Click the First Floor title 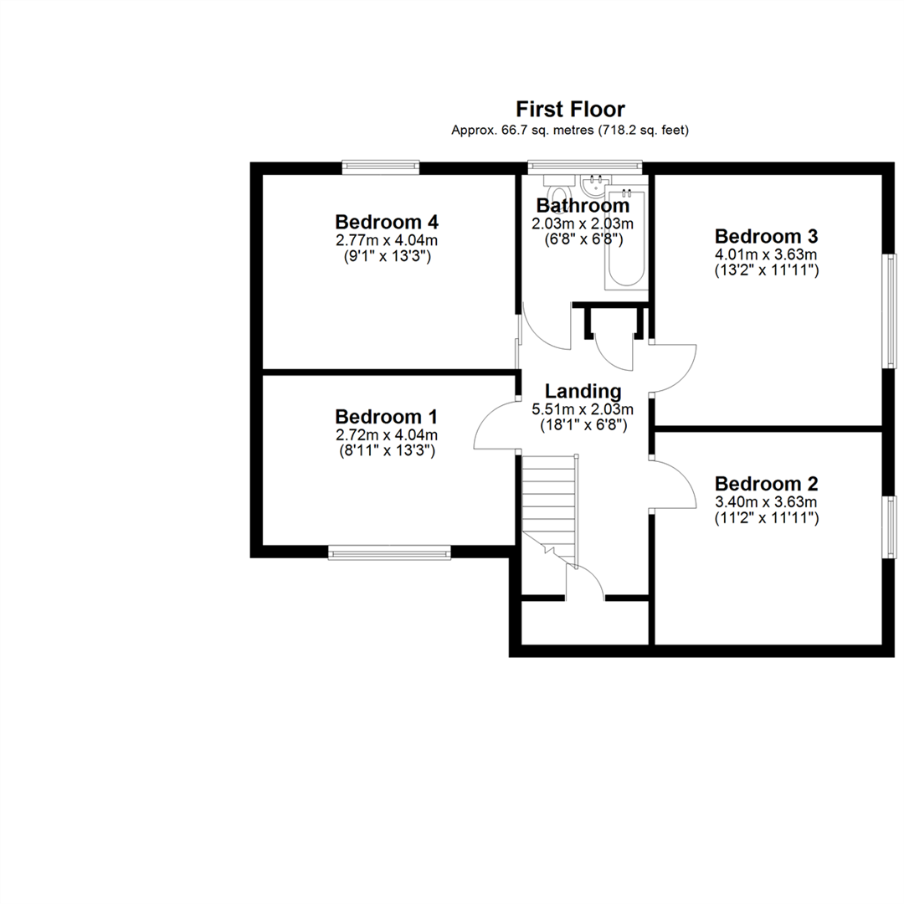(x=570, y=109)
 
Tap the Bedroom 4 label (x=387, y=222)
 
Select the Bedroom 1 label (x=386, y=417)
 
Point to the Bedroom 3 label (x=766, y=236)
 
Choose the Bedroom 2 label (x=766, y=484)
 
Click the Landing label (x=583, y=392)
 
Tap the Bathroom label (x=583, y=205)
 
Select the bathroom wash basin (x=594, y=185)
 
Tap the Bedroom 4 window (x=381, y=167)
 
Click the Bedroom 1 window (x=390, y=552)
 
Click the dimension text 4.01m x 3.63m (x=766, y=254)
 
